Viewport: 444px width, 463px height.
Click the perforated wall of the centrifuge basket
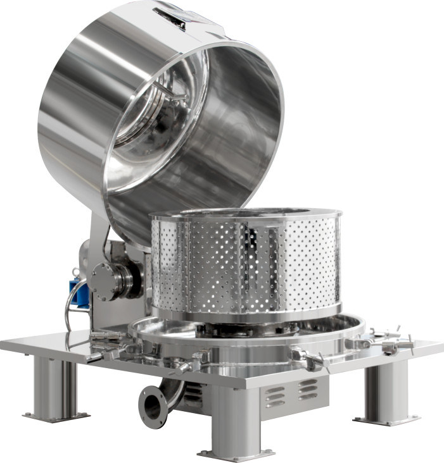(x=209, y=266)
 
